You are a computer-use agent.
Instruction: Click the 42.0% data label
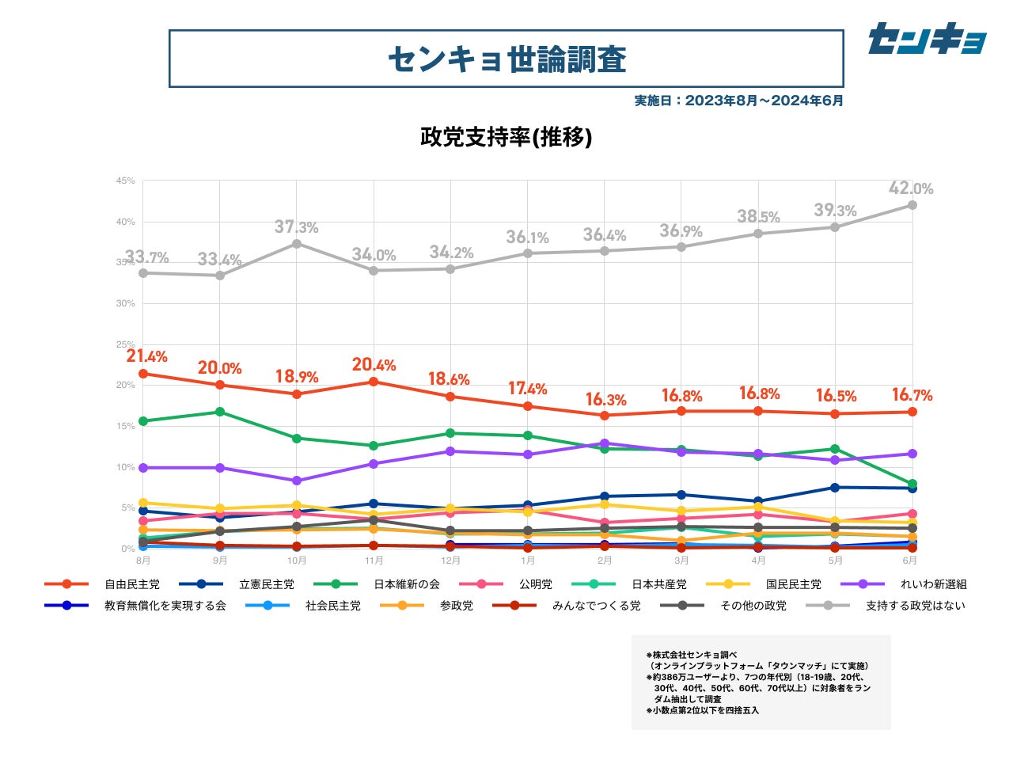[x=911, y=188]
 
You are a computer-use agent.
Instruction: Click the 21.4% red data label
[x=147, y=356]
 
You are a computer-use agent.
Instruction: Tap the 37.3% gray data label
[x=297, y=227]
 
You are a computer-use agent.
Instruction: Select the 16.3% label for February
[x=605, y=400]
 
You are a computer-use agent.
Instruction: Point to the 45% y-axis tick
[x=126, y=181]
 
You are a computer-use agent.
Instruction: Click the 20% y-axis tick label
[x=126, y=385]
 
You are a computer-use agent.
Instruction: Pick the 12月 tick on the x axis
[x=450, y=561]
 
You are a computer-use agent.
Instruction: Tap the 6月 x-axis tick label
[x=911, y=561]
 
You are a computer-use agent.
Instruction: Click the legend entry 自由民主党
[x=131, y=584]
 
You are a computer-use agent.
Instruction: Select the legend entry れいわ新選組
[x=933, y=584]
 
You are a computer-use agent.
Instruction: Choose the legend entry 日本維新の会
[x=406, y=584]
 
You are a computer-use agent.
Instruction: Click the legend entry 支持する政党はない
[x=915, y=606]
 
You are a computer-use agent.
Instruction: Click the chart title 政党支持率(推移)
[x=506, y=137]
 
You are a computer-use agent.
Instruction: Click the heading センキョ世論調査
[x=506, y=59]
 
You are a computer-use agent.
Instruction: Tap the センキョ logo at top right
[x=927, y=38]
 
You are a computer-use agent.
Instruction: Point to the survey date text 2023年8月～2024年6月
[x=739, y=101]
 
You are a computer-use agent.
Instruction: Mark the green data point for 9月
[x=220, y=412]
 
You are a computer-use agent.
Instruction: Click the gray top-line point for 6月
[x=912, y=205]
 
